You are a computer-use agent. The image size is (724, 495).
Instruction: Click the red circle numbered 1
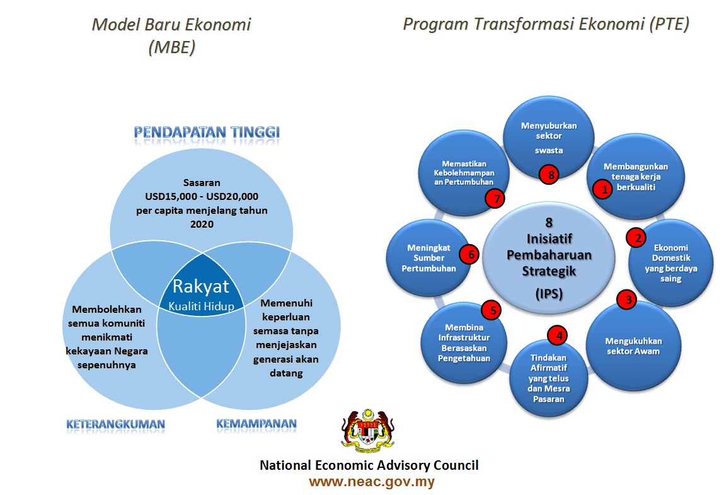click(x=603, y=189)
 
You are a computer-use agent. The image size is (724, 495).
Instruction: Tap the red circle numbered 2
click(x=637, y=237)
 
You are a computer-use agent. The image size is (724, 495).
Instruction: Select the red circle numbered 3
click(x=626, y=300)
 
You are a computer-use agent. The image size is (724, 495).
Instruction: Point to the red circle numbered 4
click(x=558, y=335)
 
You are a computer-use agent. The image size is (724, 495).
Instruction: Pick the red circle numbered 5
click(x=491, y=310)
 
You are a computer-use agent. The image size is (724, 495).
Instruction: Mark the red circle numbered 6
click(x=469, y=254)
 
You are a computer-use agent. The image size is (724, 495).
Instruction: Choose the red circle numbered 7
click(x=496, y=199)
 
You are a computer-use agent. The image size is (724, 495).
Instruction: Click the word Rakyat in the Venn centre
click(x=202, y=287)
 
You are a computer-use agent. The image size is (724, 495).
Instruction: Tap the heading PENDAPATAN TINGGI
click(x=207, y=132)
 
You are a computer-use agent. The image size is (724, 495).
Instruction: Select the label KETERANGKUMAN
click(x=115, y=424)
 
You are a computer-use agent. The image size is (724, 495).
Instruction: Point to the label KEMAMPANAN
click(x=256, y=423)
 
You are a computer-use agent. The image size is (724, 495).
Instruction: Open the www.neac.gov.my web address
click(x=371, y=482)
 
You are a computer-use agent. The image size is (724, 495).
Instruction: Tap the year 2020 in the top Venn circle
click(x=202, y=224)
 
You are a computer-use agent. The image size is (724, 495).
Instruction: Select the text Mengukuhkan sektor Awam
click(x=635, y=346)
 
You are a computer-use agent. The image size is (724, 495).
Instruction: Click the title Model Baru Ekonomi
click(x=171, y=25)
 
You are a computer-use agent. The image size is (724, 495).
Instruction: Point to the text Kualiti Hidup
click(x=201, y=305)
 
